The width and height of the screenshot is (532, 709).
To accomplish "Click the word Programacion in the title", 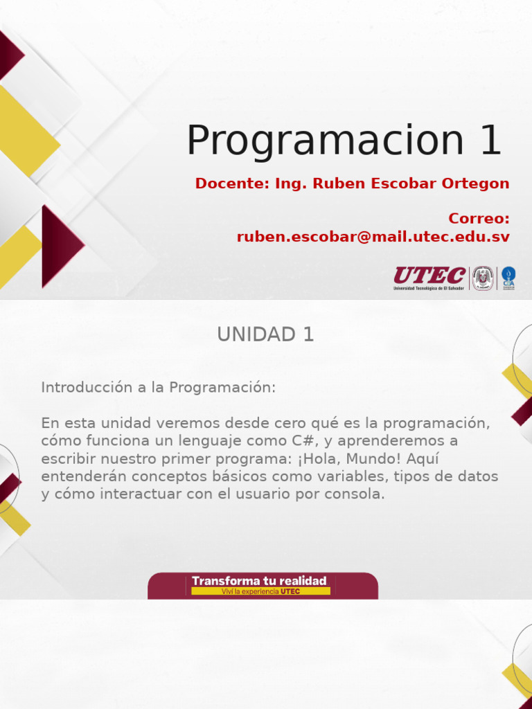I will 325,141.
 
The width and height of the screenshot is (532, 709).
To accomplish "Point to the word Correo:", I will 479,219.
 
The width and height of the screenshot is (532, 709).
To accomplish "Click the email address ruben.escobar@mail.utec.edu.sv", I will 373,237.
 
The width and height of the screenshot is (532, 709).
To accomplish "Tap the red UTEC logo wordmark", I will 429,276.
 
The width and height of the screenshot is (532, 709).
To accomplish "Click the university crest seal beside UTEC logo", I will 483,278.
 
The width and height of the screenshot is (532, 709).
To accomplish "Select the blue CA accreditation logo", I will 508,278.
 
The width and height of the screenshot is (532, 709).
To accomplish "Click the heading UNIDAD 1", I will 265,334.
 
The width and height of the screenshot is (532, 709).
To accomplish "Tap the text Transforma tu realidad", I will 259,581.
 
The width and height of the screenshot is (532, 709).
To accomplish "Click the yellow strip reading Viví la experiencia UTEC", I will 260,592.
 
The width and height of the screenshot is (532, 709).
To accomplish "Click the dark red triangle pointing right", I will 59,245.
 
